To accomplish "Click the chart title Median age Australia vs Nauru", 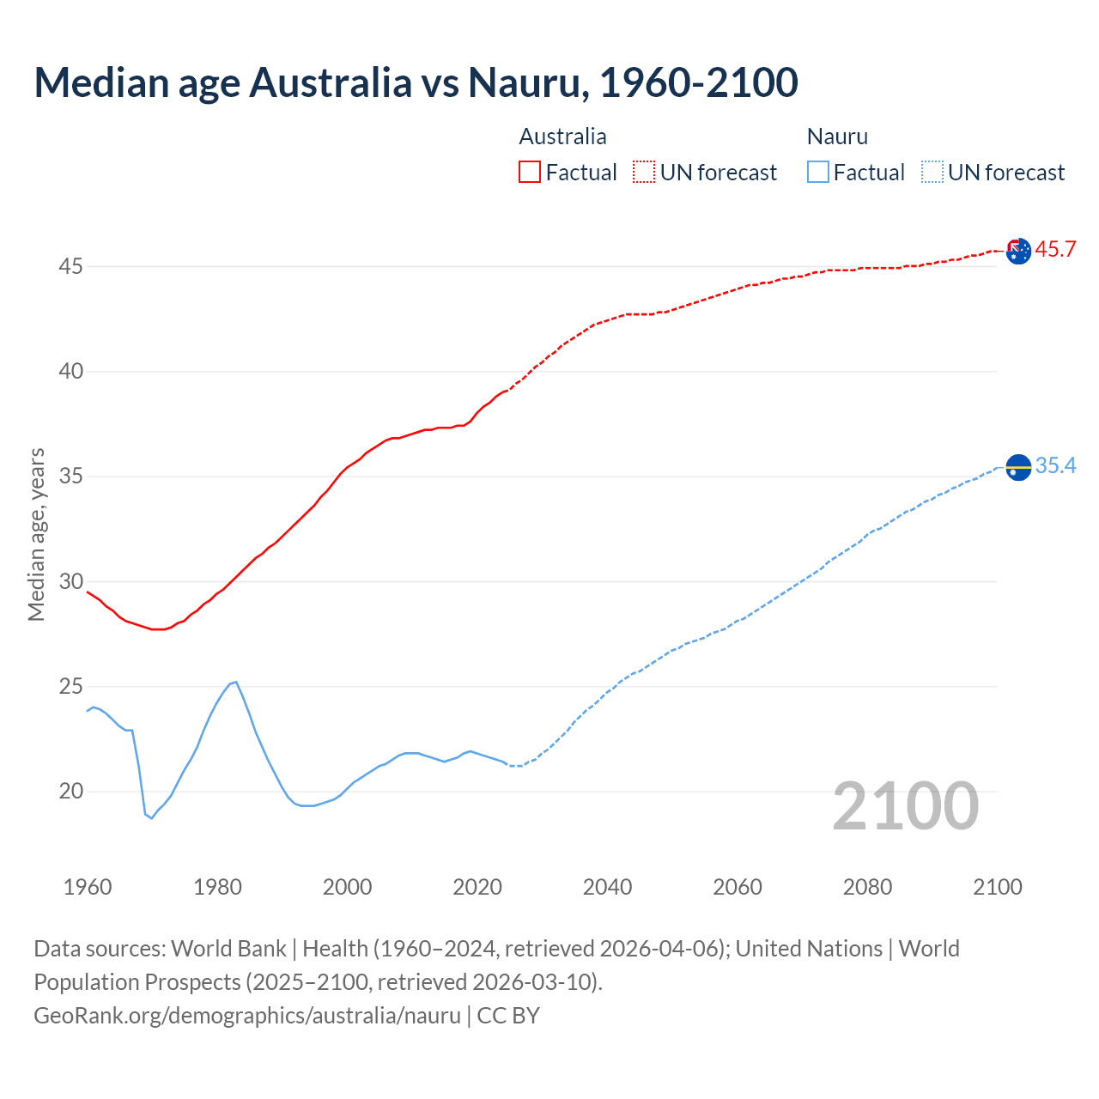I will (416, 82).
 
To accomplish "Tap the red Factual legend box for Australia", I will (530, 172).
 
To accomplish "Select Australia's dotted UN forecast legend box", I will (644, 172).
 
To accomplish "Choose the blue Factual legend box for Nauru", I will (818, 172).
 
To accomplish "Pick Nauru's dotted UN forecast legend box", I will (932, 172).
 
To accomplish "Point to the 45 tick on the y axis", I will (70, 266).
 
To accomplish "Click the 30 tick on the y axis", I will (70, 581).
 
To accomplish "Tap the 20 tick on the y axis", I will (70, 791).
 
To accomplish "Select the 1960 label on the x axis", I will (88, 887).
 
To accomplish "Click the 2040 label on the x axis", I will (607, 887).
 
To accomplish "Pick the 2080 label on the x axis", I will (867, 887).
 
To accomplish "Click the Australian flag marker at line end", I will (1018, 251).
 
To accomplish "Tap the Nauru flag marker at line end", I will (1018, 467).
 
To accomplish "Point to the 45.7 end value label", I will (1055, 250).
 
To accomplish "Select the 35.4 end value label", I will (1055, 465).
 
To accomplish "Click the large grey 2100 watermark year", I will (906, 806).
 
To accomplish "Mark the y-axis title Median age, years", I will (36, 534).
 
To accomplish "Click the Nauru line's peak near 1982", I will (235, 682).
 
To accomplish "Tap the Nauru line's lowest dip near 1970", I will (152, 817).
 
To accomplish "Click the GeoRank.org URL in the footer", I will (247, 1015).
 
